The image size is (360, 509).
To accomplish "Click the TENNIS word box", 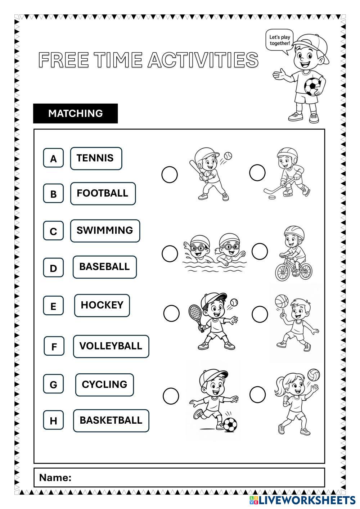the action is tap(96, 158).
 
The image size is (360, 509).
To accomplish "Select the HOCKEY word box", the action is tap(102, 305).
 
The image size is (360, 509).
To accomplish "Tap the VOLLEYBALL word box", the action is tap(111, 346).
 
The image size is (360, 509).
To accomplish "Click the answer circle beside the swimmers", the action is tap(170, 253).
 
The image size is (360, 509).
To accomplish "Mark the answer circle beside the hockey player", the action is tap(257, 173).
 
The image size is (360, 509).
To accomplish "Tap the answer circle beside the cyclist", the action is tap(260, 251).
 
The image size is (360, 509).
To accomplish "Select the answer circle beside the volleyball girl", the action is tap(257, 394).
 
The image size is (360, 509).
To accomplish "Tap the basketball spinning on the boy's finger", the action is tap(282, 301).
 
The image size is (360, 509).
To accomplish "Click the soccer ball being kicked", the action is tap(230, 425).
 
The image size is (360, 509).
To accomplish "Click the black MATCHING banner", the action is tap(76, 113).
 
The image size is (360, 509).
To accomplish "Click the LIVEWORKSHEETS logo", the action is tap(302, 500).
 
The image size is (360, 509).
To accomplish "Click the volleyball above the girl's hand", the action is tap(314, 375).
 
